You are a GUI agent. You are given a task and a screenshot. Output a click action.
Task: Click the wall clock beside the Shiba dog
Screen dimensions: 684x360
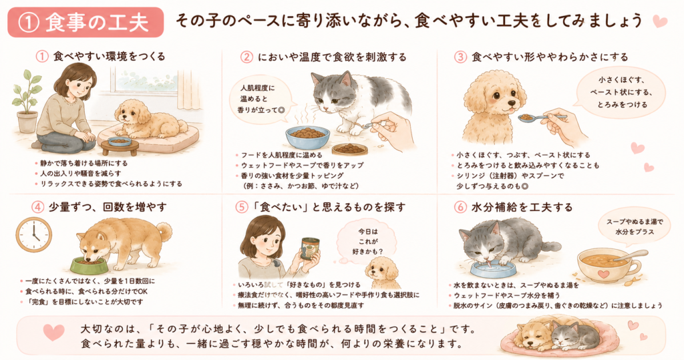tap(34, 235)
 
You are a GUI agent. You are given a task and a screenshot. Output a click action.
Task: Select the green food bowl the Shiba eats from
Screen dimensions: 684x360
tap(89, 264)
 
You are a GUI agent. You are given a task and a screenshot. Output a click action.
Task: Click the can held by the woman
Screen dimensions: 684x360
tap(310, 248)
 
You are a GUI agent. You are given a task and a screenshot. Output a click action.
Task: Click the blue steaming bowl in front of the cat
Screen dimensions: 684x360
tap(307, 136)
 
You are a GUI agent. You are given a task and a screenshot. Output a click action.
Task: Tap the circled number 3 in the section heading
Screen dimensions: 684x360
tap(460, 57)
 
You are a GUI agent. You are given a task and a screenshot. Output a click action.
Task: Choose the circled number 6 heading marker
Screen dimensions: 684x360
tap(460, 207)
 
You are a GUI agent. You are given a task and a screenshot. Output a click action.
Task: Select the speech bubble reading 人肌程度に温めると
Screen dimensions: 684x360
tap(260, 99)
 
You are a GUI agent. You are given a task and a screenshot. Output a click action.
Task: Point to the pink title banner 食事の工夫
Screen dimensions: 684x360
tap(85, 22)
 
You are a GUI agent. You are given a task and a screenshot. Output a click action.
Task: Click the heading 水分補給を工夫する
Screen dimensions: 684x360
tap(522, 207)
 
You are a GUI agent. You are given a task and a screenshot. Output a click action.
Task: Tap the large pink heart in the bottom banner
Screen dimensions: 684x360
tap(54, 332)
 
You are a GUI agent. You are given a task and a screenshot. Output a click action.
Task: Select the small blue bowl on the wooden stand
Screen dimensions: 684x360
tap(120, 142)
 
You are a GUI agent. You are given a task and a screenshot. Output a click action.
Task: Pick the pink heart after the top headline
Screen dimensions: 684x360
tap(659, 21)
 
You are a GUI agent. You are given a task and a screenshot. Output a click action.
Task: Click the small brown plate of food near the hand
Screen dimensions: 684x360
tap(349, 149)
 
